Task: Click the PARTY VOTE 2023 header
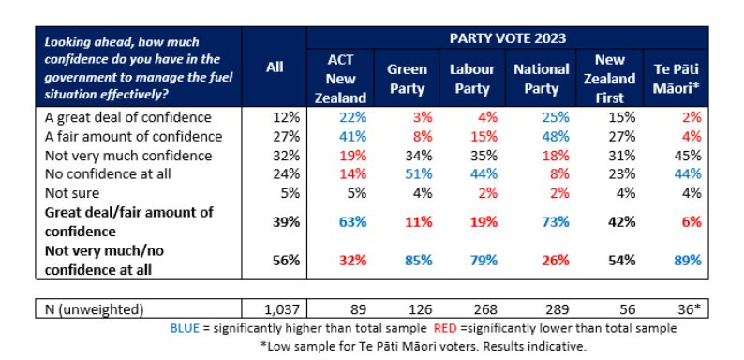[508, 38]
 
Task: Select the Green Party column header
[407, 79]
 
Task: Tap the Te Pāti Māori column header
[676, 79]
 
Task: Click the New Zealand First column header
[609, 79]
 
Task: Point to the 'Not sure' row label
[71, 193]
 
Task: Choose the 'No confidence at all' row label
[107, 174]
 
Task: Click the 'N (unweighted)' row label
[94, 309]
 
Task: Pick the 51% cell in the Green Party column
[419, 174]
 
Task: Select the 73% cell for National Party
[555, 222]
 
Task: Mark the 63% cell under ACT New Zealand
[353, 222]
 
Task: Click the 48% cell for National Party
[556, 136]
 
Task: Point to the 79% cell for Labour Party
[484, 261]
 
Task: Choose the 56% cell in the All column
[287, 261]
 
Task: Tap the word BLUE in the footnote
[185, 328]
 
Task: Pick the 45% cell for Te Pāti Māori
[688, 156]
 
